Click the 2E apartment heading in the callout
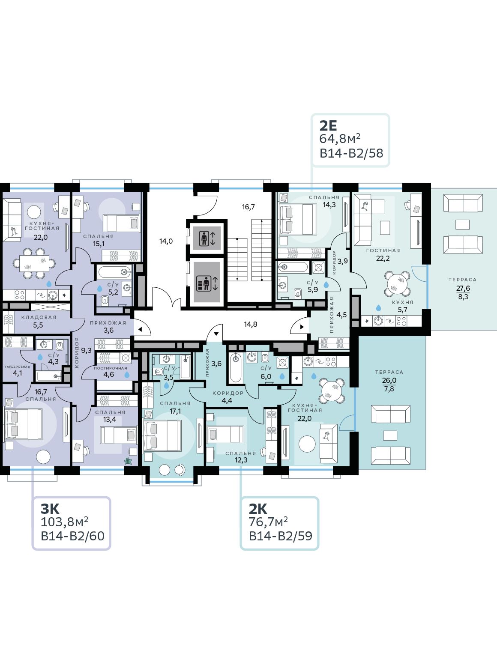pos(328,126)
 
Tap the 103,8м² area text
pos(64,522)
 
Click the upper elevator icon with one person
pos(207,239)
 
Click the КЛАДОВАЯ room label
pos(39,317)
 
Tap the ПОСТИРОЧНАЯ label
pos(111,368)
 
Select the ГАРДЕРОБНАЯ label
pos(18,367)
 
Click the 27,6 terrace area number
pos(463,288)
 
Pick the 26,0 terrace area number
pos(389,380)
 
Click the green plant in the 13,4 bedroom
pos(128,461)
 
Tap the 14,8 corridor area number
pos(251,324)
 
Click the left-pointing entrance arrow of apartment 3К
pos(141,329)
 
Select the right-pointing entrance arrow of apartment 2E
pos(302,327)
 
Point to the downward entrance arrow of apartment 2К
pos(216,334)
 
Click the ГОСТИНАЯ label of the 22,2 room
pos(383,250)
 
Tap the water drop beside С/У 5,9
pos(326,285)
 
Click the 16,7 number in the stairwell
pos(248,207)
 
